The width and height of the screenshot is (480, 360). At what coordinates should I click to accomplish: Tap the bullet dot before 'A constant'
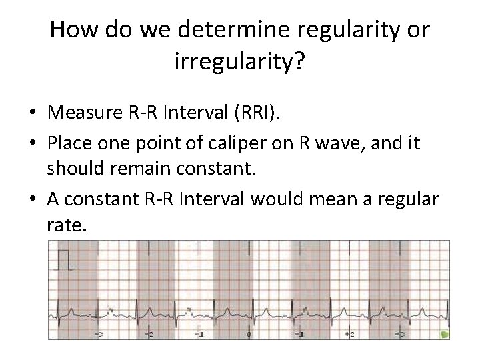click(33, 201)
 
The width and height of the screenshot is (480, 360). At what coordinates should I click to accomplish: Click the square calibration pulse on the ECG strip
click(64, 259)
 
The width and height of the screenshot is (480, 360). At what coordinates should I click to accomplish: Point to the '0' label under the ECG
click(249, 333)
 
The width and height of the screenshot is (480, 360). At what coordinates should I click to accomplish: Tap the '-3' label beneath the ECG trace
click(99, 333)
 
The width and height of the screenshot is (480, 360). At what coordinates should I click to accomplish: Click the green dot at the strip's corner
click(445, 334)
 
